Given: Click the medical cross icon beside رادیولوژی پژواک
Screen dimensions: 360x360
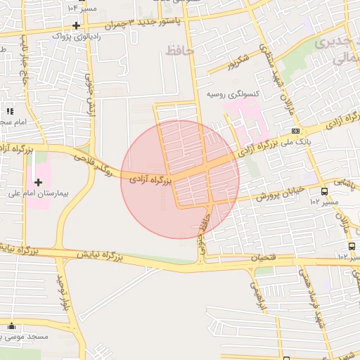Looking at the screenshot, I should point(75,25).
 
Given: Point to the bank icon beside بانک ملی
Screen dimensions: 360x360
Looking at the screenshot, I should point(295,130).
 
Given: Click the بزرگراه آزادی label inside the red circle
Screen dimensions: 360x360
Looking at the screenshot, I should point(150,181).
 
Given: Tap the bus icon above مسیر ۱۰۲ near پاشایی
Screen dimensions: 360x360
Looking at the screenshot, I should point(324,191).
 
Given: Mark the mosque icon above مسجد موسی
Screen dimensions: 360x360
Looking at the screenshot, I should point(11,326).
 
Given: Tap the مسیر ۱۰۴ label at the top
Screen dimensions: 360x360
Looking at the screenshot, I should point(83,7).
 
